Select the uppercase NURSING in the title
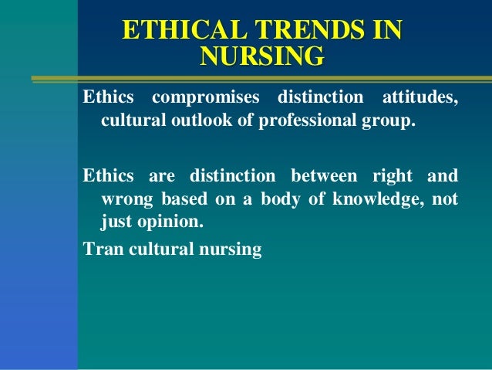261,56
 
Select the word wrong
126,199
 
